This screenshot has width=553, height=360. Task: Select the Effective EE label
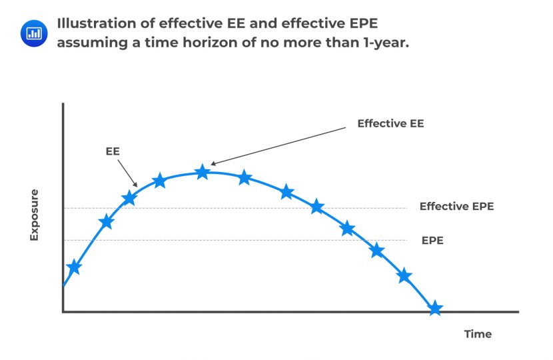pos(390,123)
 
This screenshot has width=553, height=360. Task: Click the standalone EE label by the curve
pos(113,151)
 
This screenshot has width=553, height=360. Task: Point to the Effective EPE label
pos(456,207)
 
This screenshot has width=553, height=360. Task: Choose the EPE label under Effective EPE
pos(432,240)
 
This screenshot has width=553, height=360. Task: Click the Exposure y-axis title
pos(34,215)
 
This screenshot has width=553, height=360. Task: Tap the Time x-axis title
pos(478,334)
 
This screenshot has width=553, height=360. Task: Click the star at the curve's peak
pos(203,172)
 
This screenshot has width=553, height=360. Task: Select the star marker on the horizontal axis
pos(435,308)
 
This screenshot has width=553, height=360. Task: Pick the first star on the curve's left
pos(74,267)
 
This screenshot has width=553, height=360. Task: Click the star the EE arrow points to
pos(129,198)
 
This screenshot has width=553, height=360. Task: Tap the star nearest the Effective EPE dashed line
pos(317,207)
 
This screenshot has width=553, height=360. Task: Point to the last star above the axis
pos(404,275)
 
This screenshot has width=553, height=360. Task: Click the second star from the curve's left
pos(106,222)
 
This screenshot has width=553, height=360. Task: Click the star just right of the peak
pos(245,177)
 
